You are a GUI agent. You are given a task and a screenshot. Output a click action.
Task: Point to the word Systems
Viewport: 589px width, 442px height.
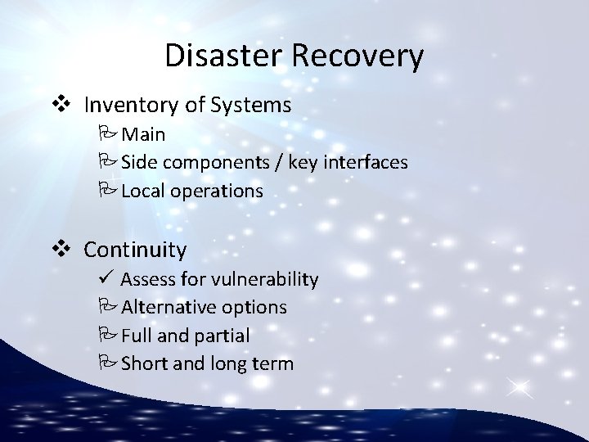click(253, 105)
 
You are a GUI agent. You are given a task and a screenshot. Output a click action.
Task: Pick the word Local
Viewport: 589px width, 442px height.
click(145, 191)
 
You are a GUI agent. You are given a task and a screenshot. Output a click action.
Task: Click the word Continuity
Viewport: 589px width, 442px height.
click(135, 249)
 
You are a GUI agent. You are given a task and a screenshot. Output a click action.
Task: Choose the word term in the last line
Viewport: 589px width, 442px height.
click(272, 363)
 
